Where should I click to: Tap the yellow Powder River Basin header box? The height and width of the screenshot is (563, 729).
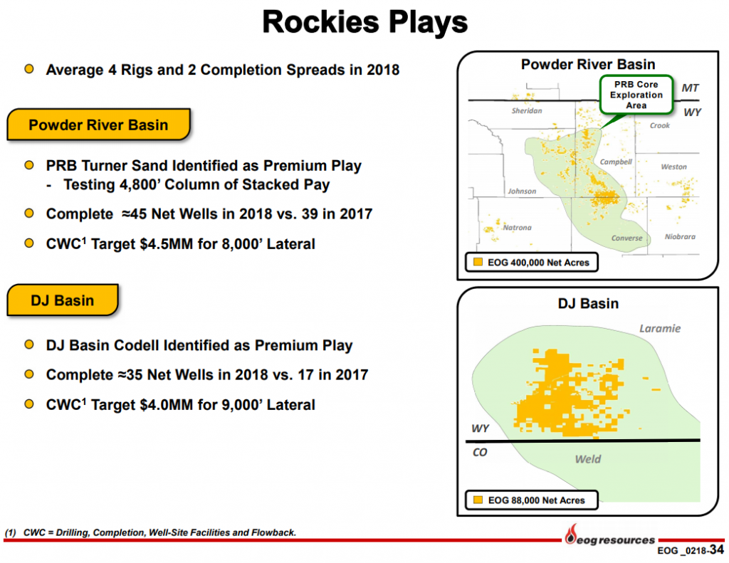(x=98, y=125)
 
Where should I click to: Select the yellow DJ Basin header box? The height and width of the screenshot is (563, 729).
(x=62, y=300)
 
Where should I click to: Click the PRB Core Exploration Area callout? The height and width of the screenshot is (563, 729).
(x=636, y=95)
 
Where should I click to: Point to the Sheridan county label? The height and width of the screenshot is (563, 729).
(x=527, y=111)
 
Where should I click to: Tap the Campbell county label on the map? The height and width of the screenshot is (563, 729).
(x=616, y=162)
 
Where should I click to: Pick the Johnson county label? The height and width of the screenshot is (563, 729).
(x=522, y=191)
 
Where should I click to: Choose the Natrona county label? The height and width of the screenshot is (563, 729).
(x=517, y=228)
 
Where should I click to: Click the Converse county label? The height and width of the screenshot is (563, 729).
(x=626, y=238)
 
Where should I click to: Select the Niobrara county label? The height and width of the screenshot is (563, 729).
(x=679, y=237)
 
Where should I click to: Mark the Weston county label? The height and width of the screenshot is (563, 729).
(x=673, y=167)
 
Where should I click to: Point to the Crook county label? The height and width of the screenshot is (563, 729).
(x=660, y=126)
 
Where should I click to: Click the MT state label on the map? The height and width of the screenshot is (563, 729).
(x=690, y=88)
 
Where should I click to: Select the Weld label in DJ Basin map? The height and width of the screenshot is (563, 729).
(x=587, y=459)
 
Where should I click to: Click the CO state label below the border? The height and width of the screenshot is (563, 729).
(x=480, y=452)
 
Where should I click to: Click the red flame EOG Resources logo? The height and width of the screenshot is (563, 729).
(x=570, y=533)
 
